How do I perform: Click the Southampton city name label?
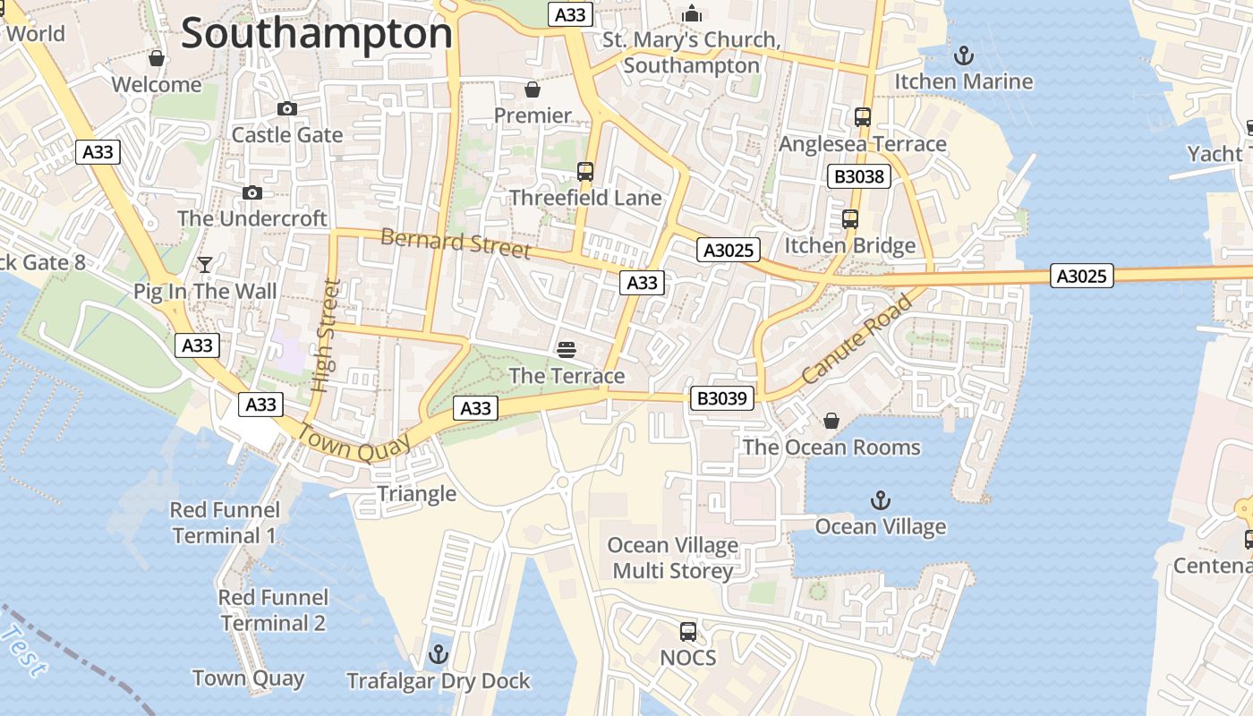pyautogui.click(x=316, y=34)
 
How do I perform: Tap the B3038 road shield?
pyautogui.click(x=858, y=176)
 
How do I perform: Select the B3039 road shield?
pyautogui.click(x=721, y=398)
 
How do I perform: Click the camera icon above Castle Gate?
pyautogui.click(x=287, y=109)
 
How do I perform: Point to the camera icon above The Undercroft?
pyautogui.click(x=252, y=192)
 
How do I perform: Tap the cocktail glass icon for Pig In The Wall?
pyautogui.click(x=205, y=265)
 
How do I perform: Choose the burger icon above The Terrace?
pyautogui.click(x=566, y=349)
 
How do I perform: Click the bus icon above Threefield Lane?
pyautogui.click(x=585, y=172)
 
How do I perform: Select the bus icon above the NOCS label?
pyautogui.click(x=687, y=632)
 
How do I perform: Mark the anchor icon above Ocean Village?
pyautogui.click(x=881, y=500)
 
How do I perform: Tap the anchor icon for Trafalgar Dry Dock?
pyautogui.click(x=438, y=655)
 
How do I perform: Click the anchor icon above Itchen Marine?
pyautogui.click(x=963, y=55)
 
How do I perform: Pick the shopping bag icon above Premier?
pyautogui.click(x=533, y=89)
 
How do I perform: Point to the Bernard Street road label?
pyautogui.click(x=456, y=243)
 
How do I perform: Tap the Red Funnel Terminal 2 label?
pyautogui.click(x=273, y=609)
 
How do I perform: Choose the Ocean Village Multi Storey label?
pyautogui.click(x=672, y=558)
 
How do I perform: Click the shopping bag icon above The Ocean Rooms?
pyautogui.click(x=831, y=421)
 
